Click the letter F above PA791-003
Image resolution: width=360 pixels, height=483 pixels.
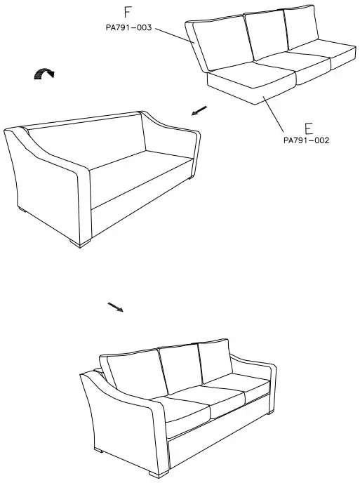(127, 13)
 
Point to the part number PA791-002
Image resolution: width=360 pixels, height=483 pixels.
(307, 140)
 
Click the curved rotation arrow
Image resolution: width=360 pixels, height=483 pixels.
(44, 73)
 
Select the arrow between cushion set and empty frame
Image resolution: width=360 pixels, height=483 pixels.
(199, 110)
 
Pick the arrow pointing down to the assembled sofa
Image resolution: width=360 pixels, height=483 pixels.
(115, 307)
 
